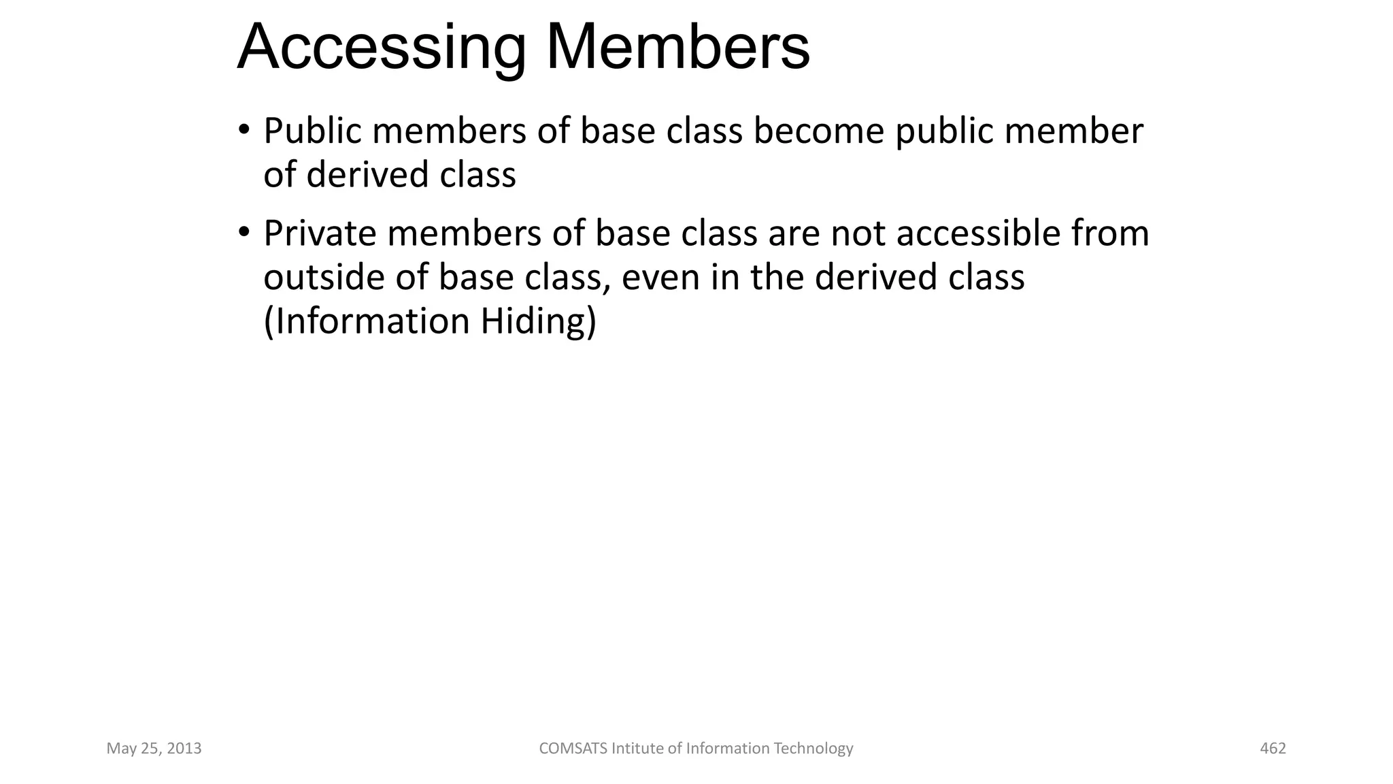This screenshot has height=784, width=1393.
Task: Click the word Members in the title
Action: point(677,48)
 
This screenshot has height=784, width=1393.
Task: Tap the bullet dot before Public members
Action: point(243,129)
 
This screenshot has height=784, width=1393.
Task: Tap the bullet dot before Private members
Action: point(243,232)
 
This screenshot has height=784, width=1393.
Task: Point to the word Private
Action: point(320,233)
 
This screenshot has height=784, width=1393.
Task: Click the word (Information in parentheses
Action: point(366,321)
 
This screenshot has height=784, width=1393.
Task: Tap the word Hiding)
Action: point(538,321)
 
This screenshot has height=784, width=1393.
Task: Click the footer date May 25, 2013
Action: point(154,749)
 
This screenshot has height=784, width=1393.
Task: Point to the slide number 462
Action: point(1273,749)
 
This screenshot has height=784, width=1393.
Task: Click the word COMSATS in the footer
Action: point(573,749)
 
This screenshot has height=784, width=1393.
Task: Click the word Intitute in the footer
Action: point(637,749)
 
